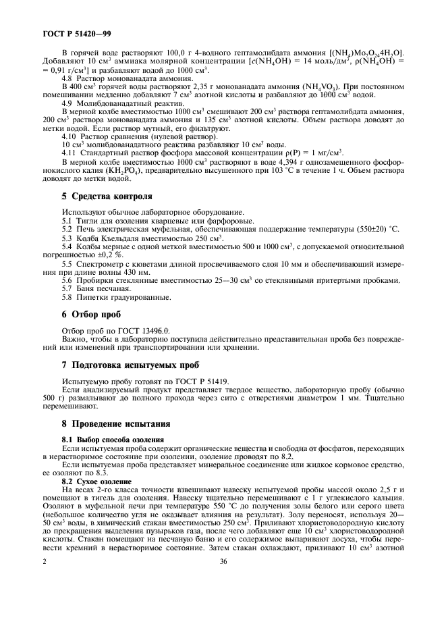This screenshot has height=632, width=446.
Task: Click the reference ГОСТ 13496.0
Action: pos(138,330)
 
